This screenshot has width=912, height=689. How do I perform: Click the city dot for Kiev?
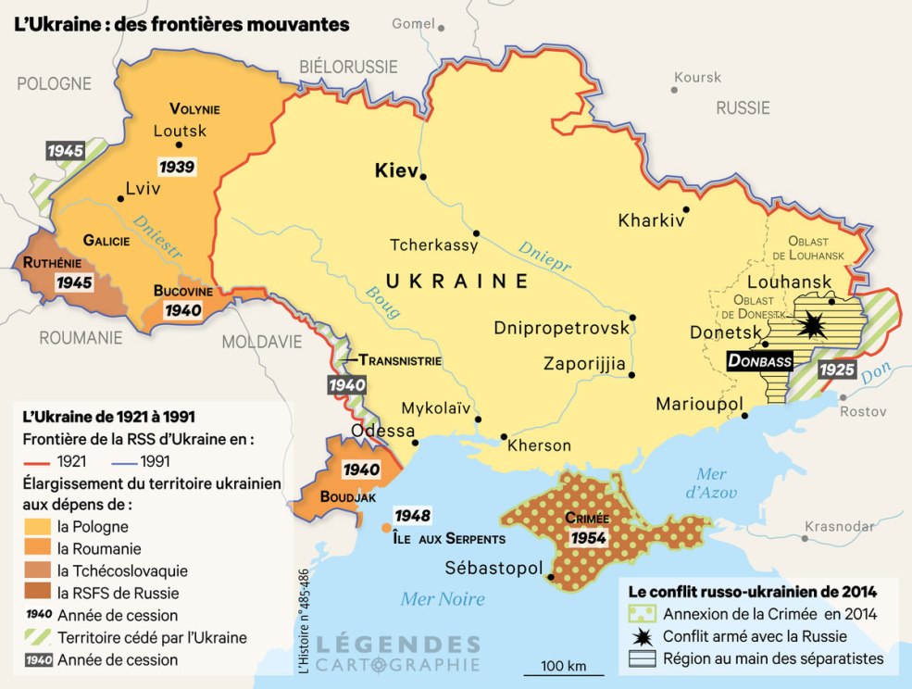pyautogui.click(x=423, y=176)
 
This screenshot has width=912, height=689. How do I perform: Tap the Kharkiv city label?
pyautogui.click(x=651, y=221)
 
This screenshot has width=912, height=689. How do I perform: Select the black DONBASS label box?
pyautogui.click(x=759, y=360)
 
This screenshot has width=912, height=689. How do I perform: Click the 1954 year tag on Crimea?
pyautogui.click(x=589, y=537)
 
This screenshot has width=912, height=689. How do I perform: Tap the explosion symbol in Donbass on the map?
pyautogui.click(x=813, y=324)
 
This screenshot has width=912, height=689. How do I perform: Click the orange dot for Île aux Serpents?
pyautogui.click(x=386, y=528)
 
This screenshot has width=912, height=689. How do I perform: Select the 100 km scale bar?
pyautogui.click(x=564, y=672)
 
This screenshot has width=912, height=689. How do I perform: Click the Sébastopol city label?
pyautogui.click(x=493, y=567)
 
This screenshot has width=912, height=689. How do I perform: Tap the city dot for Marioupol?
pyautogui.click(x=745, y=416)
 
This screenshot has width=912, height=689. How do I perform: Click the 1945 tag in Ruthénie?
pyautogui.click(x=75, y=282)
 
